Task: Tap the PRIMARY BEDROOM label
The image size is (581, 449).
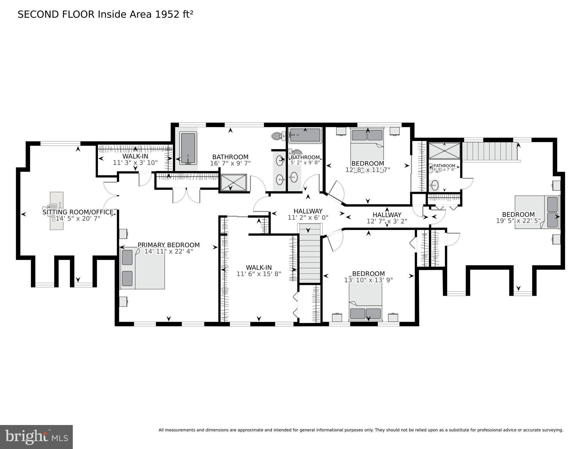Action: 168,245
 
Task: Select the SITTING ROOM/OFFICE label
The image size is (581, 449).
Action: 78,212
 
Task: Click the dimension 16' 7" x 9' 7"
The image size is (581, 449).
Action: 230,164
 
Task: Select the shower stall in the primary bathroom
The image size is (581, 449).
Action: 233,183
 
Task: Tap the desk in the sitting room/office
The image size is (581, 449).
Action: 56,211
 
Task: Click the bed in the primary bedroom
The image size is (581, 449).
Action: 143,268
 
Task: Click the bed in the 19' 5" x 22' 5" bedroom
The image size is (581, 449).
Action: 537,212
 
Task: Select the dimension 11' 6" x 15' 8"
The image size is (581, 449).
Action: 258,274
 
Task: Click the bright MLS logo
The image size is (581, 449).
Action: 36,437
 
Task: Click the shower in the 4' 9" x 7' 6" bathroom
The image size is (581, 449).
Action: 444,151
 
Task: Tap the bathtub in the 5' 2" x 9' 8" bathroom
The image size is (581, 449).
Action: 305,135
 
